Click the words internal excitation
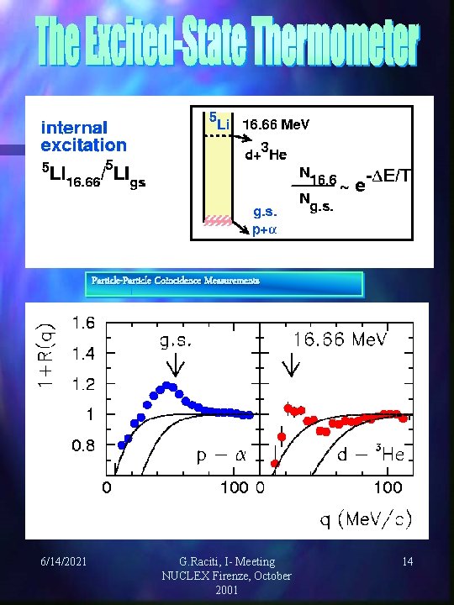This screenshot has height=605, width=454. click(84, 137)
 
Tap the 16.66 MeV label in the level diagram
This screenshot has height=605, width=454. click(276, 124)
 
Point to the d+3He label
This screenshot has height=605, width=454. click(267, 152)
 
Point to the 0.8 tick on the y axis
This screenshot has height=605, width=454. click(83, 445)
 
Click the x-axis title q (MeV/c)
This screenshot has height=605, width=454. click(365, 519)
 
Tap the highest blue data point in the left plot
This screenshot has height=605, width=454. click(169, 387)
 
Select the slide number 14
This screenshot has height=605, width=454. click(406, 560)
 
